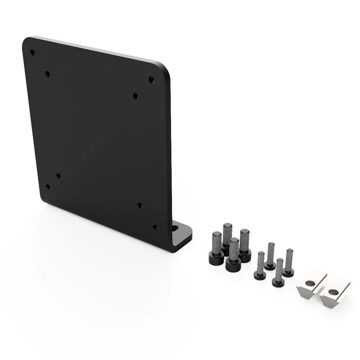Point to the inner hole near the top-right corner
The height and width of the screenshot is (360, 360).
pyautogui.click(x=135, y=96)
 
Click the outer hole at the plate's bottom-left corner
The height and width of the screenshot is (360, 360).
pyautogui.click(x=48, y=187)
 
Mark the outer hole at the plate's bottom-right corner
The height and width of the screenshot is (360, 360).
pyautogui.click(x=155, y=227)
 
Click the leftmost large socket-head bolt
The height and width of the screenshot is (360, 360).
pyautogui.click(x=216, y=248)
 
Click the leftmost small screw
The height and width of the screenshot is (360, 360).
pyautogui.click(x=259, y=266)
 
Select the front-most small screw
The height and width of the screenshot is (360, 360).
pyautogui.click(x=279, y=273)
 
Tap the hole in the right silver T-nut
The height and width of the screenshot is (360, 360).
pyautogui.click(x=332, y=292)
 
